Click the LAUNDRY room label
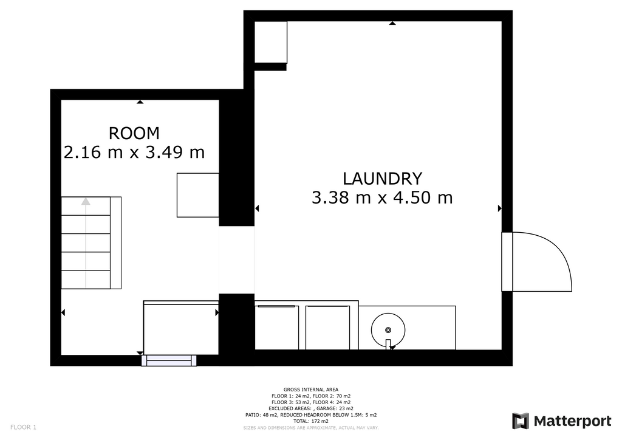click(382, 179)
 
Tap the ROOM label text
click(134, 133)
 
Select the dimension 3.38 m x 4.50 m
click(382, 198)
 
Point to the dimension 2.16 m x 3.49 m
click(134, 153)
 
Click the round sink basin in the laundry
click(388, 330)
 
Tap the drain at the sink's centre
click(388, 330)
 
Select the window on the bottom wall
click(169, 360)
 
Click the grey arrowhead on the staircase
click(86, 202)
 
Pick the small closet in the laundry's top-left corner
click(270, 42)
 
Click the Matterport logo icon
click(520, 421)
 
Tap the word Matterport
click(572, 421)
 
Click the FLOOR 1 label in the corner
click(24, 427)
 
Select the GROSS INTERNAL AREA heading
click(311, 390)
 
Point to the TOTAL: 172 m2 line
click(311, 421)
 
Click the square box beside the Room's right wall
click(197, 195)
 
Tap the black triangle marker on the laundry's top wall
click(392, 23)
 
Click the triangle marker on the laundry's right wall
click(500, 208)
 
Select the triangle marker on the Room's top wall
click(140, 102)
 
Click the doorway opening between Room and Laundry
click(237, 260)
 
